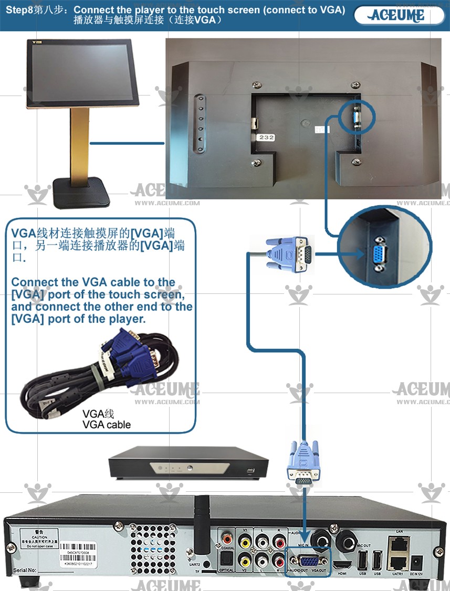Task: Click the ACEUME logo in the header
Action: tap(397, 15)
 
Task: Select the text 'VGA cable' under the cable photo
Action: tap(107, 425)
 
